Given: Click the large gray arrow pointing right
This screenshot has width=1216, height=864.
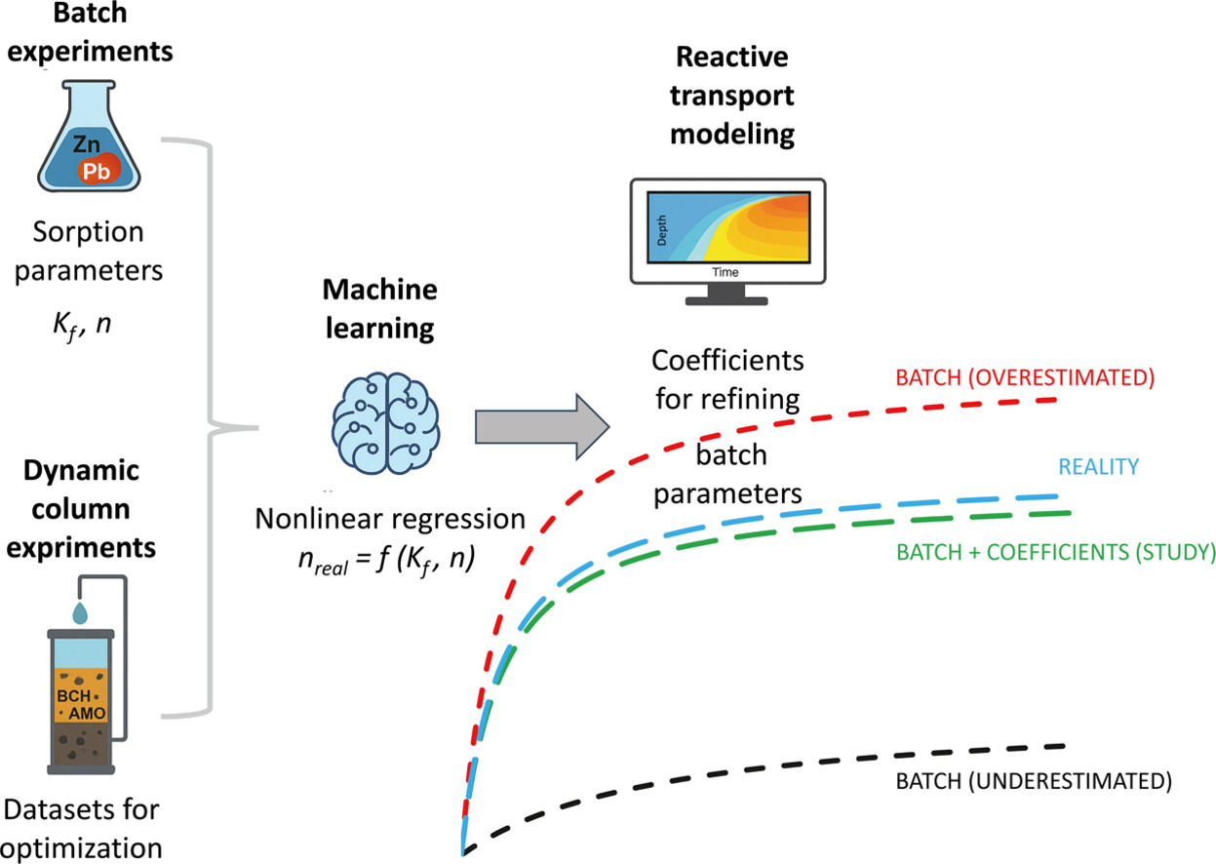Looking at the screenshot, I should point(541,425).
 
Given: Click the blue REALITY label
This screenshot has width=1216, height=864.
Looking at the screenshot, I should point(1098,466).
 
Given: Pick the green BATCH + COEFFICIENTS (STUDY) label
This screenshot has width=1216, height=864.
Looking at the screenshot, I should point(1052,552).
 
